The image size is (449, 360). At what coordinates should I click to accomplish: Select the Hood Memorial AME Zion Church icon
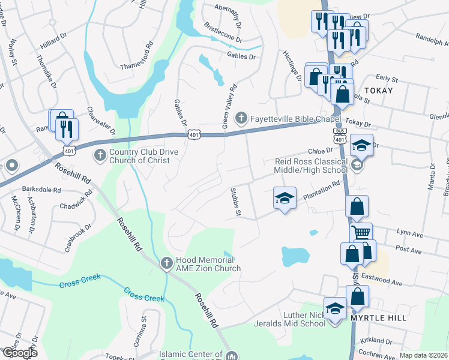pyautogui.click(x=167, y=263)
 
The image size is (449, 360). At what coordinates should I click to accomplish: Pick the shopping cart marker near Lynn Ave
pyautogui.click(x=361, y=233)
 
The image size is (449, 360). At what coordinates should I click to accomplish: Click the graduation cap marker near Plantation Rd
pyautogui.click(x=285, y=199)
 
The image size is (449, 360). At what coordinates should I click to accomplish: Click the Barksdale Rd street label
pyautogui.click(x=41, y=189)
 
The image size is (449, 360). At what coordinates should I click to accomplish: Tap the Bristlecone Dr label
pyautogui.click(x=223, y=34)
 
